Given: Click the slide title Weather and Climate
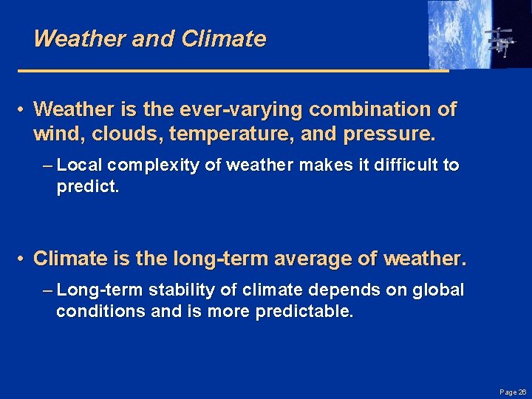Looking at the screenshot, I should click(x=149, y=39).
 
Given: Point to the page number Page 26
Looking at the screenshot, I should click(x=512, y=392).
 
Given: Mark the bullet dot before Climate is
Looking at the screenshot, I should click(x=23, y=259).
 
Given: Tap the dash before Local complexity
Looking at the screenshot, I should click(x=48, y=166).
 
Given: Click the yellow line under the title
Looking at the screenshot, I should click(x=233, y=71).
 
